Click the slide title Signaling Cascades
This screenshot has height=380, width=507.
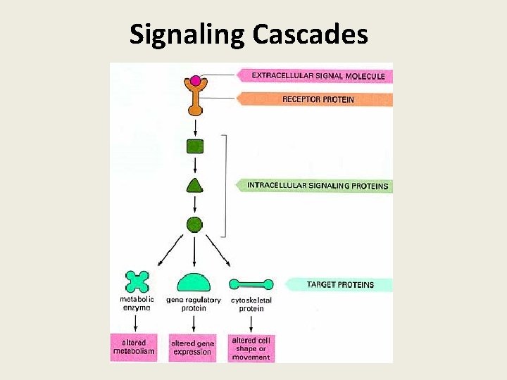pyautogui.click(x=249, y=34)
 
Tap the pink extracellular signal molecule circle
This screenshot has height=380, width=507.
pyautogui.click(x=195, y=80)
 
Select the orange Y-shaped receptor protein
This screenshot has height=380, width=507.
pyautogui.click(x=195, y=99)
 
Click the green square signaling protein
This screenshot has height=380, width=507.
pyautogui.click(x=195, y=146)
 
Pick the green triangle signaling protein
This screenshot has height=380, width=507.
pyautogui.click(x=195, y=186)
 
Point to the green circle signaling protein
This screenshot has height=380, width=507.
pyautogui.click(x=195, y=224)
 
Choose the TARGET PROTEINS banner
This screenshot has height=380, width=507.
pyautogui.click(x=339, y=285)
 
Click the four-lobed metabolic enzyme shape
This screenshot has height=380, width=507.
pyautogui.click(x=137, y=281)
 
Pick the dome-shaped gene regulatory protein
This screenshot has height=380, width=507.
pyautogui.click(x=194, y=283)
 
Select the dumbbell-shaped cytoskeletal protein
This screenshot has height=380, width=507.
pyautogui.click(x=251, y=284)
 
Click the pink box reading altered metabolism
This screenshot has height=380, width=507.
pyautogui.click(x=134, y=348)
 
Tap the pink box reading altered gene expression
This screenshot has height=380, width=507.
pyautogui.click(x=192, y=348)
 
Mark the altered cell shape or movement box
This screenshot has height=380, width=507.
pyautogui.click(x=251, y=348)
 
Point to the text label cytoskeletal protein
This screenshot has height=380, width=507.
pyautogui.click(x=251, y=304)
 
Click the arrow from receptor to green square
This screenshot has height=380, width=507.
pyautogui.click(x=195, y=127)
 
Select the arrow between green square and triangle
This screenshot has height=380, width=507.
pyautogui.click(x=195, y=166)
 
